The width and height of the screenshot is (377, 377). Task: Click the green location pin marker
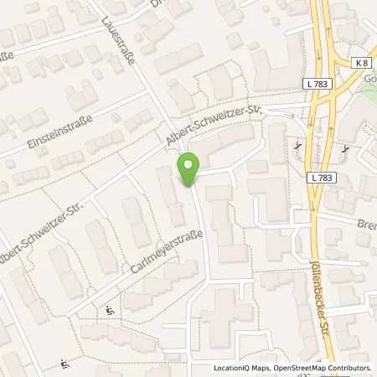point(189,171)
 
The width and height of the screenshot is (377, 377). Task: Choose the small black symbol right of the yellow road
point(344,148)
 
